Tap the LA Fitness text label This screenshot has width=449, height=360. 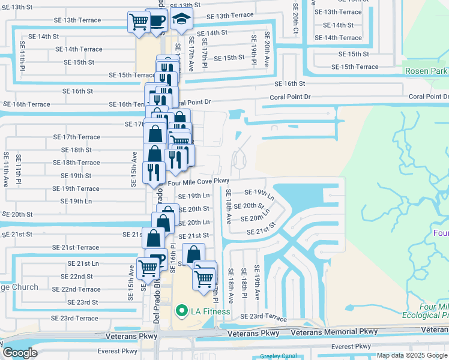[208, 311]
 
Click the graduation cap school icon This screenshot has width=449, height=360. [181, 20]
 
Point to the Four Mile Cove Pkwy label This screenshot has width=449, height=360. [199, 181]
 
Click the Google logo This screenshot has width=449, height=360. [20, 353]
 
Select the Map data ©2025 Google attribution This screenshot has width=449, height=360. [411, 355]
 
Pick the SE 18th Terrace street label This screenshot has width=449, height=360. [76, 163]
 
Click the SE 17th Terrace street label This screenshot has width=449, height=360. [81, 137]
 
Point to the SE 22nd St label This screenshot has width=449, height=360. [77, 277]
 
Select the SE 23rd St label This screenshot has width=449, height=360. [83, 302]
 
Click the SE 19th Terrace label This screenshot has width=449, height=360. [76, 188]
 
